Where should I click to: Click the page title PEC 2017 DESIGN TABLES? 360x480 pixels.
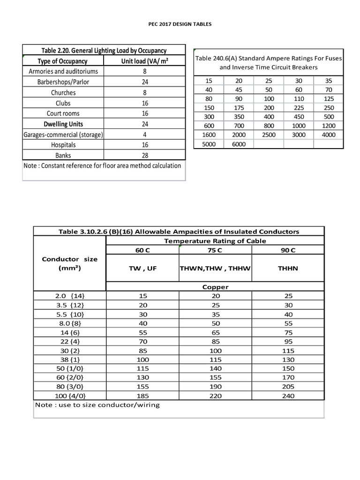point(180,24)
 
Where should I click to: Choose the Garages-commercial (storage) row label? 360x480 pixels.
point(63,135)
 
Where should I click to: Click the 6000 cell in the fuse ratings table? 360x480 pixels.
point(238,144)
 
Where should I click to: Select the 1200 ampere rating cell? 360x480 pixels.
point(329,126)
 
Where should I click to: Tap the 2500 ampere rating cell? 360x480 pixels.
point(269,135)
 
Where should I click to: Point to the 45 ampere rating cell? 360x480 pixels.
point(238,90)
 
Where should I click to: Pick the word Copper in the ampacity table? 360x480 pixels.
point(215,287)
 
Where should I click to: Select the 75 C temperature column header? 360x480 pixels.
point(215,250)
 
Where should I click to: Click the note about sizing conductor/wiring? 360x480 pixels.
point(97,405)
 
